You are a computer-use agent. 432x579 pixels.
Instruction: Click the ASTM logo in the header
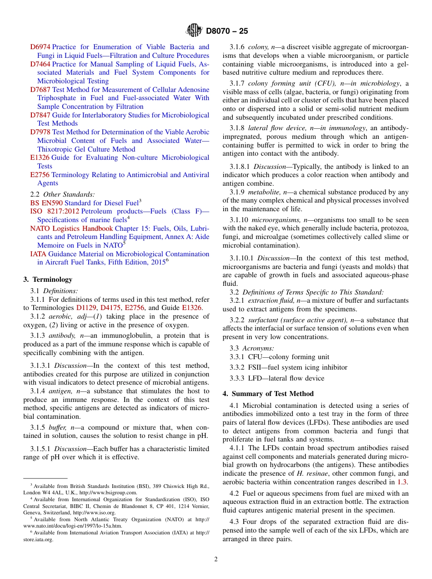click(194, 31)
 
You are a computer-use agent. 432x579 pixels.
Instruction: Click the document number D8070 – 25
click(227, 31)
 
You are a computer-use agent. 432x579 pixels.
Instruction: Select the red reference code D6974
click(40, 47)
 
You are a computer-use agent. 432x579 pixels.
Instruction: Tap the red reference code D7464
click(40, 64)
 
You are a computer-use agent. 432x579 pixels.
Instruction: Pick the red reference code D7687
click(40, 90)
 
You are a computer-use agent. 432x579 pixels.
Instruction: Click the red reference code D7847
click(40, 115)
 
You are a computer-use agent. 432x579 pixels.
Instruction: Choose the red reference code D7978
click(40, 132)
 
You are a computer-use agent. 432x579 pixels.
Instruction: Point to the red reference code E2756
click(40, 175)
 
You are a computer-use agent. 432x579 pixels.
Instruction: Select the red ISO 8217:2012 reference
click(55, 211)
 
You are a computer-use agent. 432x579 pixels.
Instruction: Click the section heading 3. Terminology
click(48, 279)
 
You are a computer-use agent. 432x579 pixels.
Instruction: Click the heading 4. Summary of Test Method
click(268, 394)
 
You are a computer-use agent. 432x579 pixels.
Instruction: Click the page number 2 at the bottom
click(216, 559)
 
